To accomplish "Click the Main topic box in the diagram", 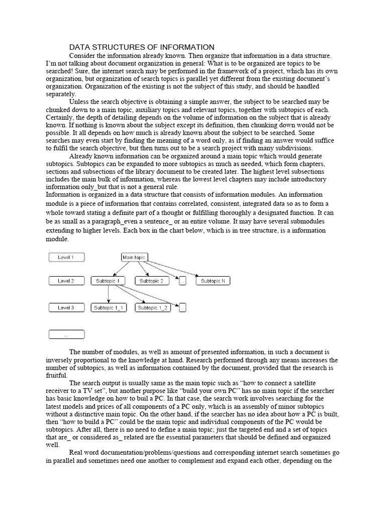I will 134,257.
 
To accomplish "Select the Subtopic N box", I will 213,281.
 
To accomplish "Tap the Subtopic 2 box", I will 151,281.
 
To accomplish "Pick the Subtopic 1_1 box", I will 109,307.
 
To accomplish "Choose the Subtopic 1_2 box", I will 153,307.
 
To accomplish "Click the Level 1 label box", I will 66,257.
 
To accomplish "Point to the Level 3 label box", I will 66,307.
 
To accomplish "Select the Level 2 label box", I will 66,281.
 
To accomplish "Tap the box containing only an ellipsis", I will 66,334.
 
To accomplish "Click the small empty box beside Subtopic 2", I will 182,281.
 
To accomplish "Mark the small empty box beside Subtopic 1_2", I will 183,307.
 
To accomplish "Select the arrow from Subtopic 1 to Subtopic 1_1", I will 109,295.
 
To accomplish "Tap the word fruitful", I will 57,375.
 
